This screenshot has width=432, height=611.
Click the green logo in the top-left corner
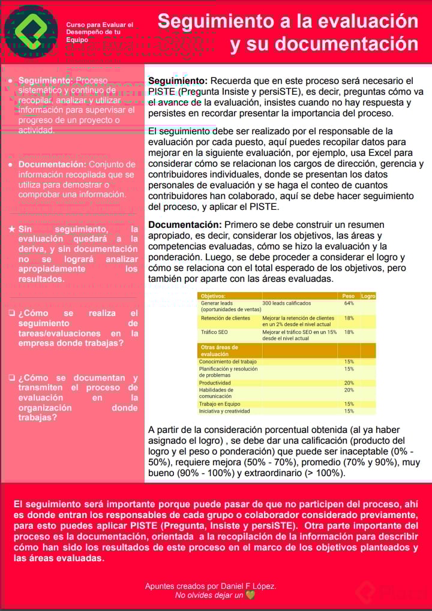click(x=31, y=30)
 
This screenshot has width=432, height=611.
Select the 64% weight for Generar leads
click(x=349, y=303)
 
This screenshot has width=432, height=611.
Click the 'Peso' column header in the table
click(x=348, y=296)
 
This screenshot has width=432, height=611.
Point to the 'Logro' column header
click(x=368, y=296)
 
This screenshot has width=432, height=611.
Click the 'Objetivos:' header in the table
click(x=213, y=296)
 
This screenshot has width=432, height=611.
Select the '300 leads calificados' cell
click(x=287, y=303)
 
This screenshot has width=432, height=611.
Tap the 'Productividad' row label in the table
click(x=215, y=383)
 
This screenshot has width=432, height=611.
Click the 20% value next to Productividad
click(x=349, y=383)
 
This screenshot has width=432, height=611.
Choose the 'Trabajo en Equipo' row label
click(x=220, y=404)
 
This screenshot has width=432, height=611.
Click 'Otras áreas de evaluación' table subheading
click(x=218, y=351)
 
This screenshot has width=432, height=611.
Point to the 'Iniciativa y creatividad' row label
click(x=224, y=411)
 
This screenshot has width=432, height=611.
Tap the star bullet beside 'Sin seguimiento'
click(x=13, y=229)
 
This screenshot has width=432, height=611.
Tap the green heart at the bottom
click(x=250, y=595)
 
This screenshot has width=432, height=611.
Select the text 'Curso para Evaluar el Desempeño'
click(x=100, y=28)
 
